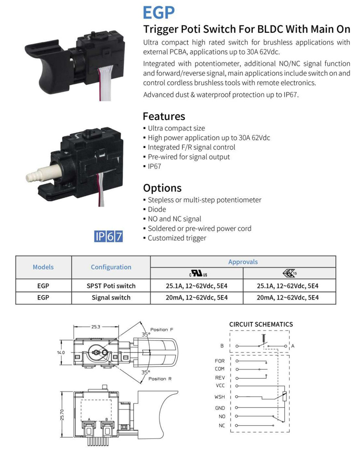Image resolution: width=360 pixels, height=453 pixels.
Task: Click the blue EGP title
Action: tap(159, 12)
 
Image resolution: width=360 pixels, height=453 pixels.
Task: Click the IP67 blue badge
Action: tap(108, 236)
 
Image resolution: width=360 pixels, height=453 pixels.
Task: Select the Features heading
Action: tap(164, 116)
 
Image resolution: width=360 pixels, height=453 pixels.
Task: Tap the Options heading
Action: tap(162, 188)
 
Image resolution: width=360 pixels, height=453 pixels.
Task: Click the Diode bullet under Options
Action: tap(157, 209)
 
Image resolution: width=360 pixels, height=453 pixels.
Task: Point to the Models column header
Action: tap(43, 267)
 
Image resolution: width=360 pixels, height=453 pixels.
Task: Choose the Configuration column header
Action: tap(111, 267)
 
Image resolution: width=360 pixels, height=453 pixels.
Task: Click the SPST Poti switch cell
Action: tap(111, 286)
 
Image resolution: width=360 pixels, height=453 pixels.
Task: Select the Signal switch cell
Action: tap(111, 298)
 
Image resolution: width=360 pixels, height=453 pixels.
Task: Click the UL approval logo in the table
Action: tap(198, 273)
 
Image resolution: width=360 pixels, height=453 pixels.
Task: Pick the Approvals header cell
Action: tap(243, 262)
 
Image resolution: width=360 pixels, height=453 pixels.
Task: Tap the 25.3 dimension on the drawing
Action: tap(96, 327)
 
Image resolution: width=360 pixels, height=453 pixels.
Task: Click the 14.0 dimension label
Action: tap(61, 352)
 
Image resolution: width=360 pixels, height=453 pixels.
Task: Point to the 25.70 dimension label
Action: tap(62, 415)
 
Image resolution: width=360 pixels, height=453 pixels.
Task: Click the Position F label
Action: tap(162, 330)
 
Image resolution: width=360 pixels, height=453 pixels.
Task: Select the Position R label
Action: tap(160, 379)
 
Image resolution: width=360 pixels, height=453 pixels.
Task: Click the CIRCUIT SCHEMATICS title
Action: tap(261, 325)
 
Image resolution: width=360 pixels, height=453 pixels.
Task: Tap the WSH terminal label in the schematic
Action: tap(220, 397)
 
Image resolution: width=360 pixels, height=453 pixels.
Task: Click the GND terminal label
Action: tap(220, 408)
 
